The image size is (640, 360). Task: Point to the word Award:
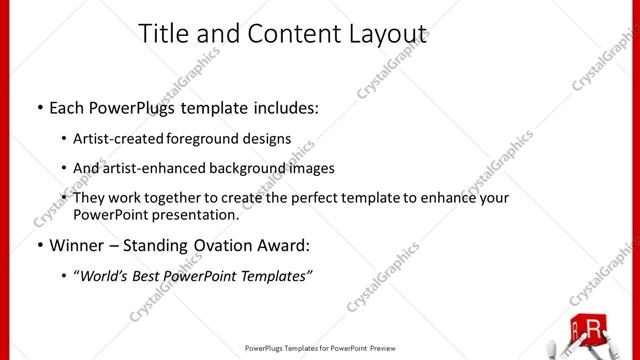[291, 243]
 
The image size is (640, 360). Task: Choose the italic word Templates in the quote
[274, 276]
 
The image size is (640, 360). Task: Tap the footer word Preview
[385, 349]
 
